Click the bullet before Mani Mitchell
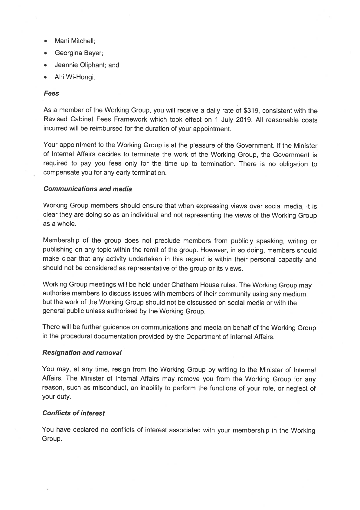pyautogui.click(x=45, y=41)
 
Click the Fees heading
pyautogui.click(x=51, y=93)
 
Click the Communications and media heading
pyautogui.click(x=88, y=189)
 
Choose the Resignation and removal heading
pyautogui.click(x=82, y=353)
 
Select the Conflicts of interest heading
pyautogui.click(x=74, y=413)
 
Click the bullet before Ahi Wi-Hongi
pyautogui.click(x=45, y=77)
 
